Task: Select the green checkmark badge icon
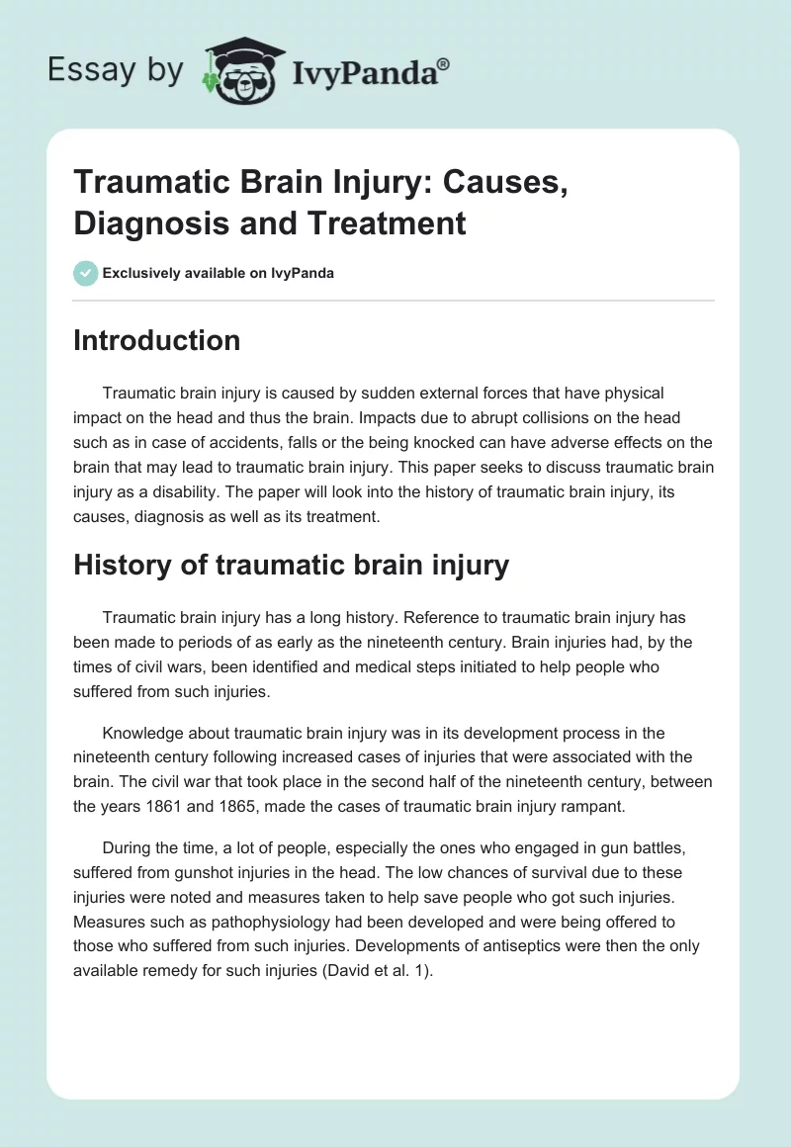tap(86, 273)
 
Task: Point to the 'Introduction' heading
tap(157, 340)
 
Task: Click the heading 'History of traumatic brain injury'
tap(291, 565)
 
